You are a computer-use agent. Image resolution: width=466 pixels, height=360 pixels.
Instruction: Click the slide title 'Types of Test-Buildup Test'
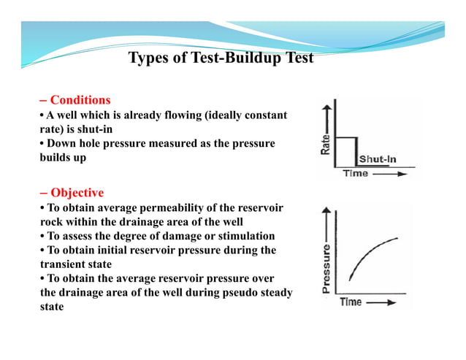221,58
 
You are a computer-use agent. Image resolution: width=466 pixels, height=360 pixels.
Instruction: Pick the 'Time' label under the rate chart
357,174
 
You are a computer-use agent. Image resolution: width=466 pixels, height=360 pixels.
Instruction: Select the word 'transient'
64,264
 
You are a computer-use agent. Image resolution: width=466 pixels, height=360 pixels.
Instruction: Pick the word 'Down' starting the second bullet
62,143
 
